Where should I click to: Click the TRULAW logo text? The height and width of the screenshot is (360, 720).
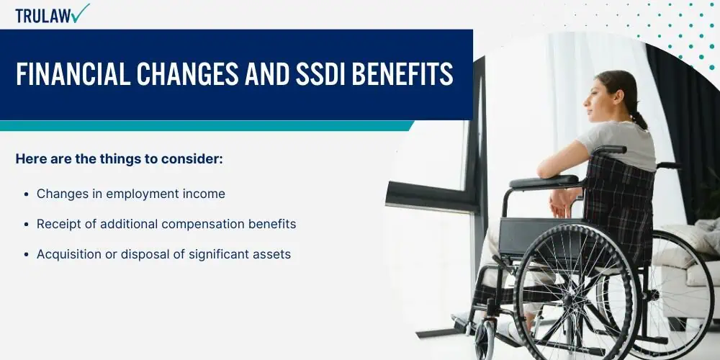44,16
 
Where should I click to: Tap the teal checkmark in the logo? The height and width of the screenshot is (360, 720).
81,13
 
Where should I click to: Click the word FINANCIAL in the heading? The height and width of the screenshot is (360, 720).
73,74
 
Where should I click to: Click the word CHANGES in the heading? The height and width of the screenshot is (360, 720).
188,74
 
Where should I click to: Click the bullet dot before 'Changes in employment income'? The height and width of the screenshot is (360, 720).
26,194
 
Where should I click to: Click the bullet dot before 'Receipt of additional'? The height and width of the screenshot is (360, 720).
26,225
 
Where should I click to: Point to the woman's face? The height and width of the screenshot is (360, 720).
595,97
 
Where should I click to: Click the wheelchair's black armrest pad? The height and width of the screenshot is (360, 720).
544,182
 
